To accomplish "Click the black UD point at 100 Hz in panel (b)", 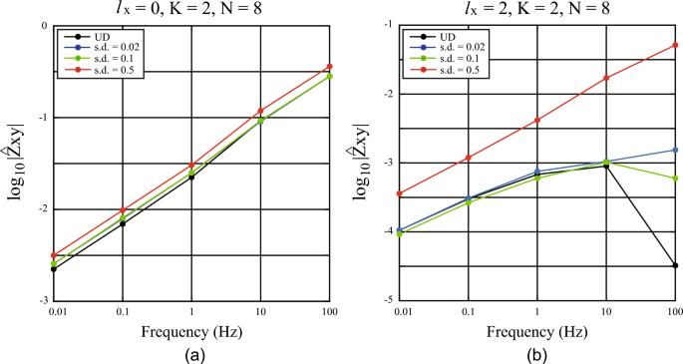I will [675, 265].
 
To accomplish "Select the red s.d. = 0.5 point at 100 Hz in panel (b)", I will [675, 45].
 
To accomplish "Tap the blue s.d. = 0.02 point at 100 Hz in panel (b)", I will [675, 150].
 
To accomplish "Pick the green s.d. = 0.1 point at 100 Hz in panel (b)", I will [675, 178].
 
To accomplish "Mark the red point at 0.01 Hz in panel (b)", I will [400, 193].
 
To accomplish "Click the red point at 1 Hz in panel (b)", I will [537, 120].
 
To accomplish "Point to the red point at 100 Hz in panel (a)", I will [329, 67].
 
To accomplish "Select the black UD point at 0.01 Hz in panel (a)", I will [53, 269].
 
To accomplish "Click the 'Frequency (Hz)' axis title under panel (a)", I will [190, 331].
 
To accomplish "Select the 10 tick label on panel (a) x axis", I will [260, 312].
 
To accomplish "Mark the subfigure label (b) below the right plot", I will [537, 353].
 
